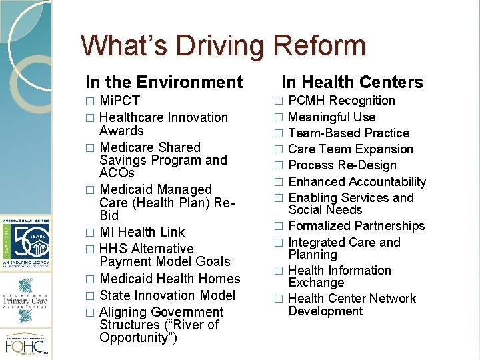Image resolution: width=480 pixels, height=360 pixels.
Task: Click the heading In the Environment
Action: [164, 83]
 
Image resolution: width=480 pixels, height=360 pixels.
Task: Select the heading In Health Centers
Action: [352, 83]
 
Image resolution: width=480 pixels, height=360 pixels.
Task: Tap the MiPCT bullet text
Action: [119, 101]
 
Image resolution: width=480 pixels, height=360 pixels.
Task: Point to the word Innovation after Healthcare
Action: [198, 117]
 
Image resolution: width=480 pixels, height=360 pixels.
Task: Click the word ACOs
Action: [117, 173]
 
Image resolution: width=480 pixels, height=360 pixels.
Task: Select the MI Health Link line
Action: [141, 232]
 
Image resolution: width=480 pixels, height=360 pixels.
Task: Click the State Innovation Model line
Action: [167, 295]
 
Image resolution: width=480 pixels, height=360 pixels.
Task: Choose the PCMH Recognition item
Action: [341, 101]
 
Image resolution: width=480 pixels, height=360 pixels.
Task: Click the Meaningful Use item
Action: [331, 117]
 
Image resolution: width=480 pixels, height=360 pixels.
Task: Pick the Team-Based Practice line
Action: [348, 133]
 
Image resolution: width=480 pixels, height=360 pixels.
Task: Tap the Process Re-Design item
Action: [342, 165]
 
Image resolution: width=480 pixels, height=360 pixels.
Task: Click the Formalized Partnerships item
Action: [356, 227]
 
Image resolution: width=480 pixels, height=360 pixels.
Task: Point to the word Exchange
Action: [316, 283]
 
